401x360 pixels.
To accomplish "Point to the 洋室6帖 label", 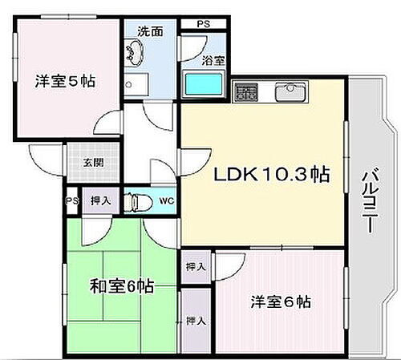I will coord(279,302).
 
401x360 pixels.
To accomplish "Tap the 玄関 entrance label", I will coord(91,163).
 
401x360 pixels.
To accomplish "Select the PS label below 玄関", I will coord(71,200).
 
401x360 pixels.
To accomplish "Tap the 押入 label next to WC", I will coord(99,200).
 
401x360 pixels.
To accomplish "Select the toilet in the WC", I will coord(139,200).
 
